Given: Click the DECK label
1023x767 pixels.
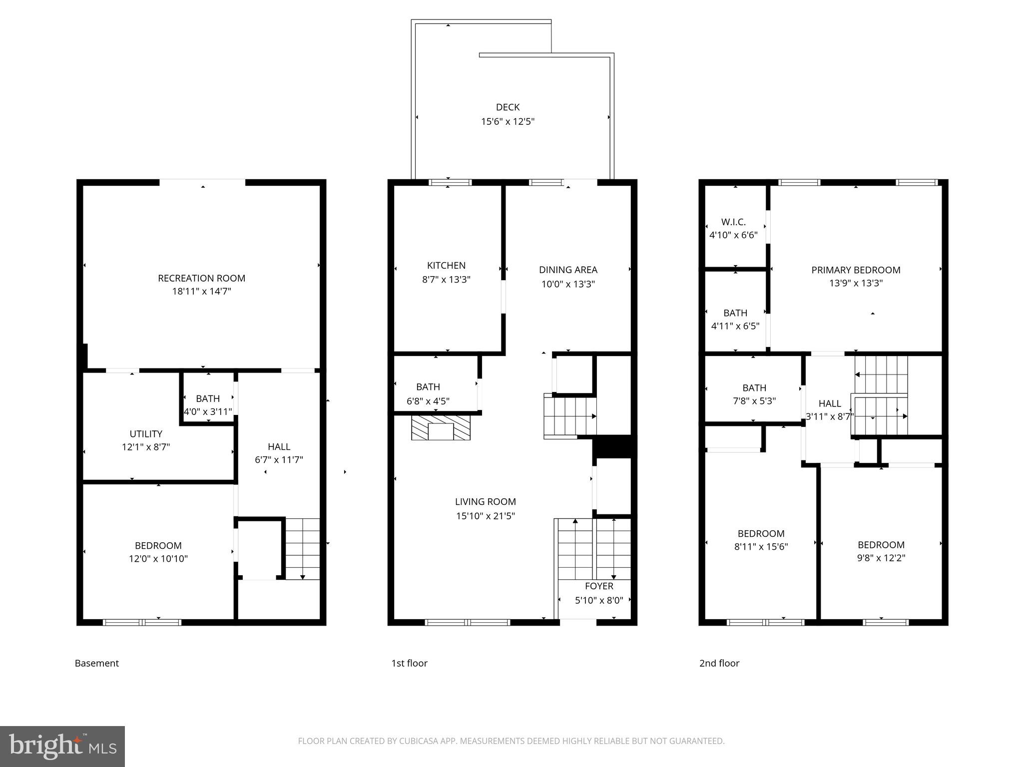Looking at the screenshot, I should tap(508, 107).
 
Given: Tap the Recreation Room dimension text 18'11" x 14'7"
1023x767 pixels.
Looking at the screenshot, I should tap(201, 291).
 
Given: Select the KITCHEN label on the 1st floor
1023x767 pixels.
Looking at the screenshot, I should tap(446, 266).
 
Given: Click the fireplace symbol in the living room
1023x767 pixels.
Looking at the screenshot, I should tap(441, 429).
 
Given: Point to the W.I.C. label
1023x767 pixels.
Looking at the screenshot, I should tap(733, 222).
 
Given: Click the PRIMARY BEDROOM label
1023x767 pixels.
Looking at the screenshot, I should tap(856, 270).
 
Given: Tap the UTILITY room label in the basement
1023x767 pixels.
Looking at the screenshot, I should tap(146, 434).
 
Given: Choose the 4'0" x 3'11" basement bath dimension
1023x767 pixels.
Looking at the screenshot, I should tap(208, 412).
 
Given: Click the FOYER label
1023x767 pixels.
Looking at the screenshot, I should tap(599, 586).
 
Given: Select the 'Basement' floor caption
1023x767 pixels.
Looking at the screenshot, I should tap(97, 663).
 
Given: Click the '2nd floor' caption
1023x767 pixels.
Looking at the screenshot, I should tap(719, 663).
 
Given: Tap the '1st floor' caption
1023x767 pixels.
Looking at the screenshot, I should tap(409, 663).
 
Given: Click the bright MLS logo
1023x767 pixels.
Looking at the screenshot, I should tap(62, 746).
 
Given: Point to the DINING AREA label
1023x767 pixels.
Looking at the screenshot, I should tap(568, 270).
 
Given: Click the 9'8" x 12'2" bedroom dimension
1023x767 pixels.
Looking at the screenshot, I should tap(881, 558).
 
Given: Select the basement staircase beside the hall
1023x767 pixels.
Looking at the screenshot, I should tap(302, 549).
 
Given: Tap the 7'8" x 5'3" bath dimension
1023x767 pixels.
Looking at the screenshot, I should tap(754, 401).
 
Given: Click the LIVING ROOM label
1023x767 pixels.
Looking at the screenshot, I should tap(485, 502).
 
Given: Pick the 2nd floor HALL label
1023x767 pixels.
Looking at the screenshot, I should tap(830, 403).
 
